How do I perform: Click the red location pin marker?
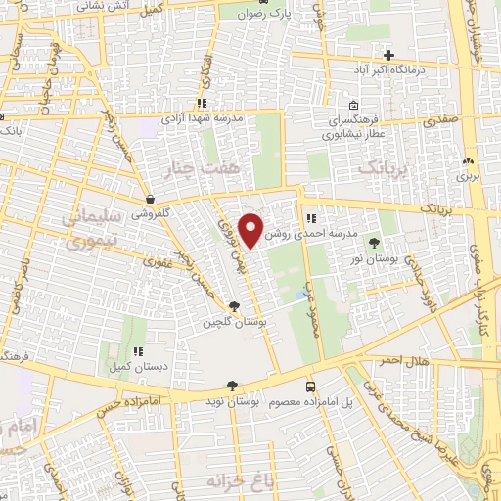(252, 229)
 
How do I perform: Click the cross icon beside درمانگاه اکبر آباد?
(389, 54)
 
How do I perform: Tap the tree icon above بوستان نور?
(373, 239)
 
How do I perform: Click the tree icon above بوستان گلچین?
(232, 305)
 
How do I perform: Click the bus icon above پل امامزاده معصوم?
(310, 387)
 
